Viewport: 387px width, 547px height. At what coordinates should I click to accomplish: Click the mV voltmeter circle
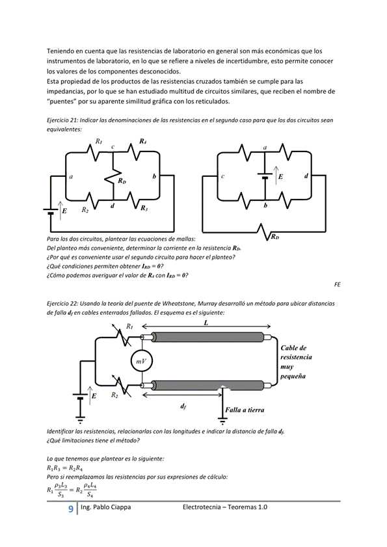point(142,362)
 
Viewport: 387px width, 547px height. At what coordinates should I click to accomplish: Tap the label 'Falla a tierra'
point(245,410)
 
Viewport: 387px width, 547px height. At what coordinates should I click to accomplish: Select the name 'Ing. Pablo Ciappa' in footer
point(106,507)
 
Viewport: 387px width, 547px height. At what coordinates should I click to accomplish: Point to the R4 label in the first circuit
point(142,141)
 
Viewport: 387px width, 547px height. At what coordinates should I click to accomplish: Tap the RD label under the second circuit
point(275,237)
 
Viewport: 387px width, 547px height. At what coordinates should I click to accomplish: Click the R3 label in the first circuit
point(144,208)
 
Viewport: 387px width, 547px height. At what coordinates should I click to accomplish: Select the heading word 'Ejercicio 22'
point(62,304)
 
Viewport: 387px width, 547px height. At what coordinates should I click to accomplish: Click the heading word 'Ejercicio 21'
point(62,120)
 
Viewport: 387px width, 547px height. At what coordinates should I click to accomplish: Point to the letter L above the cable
point(206,323)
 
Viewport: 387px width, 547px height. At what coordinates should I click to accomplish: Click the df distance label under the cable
point(183,407)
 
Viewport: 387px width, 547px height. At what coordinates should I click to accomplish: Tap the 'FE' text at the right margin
point(337,284)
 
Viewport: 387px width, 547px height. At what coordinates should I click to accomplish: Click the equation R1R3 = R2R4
point(64,468)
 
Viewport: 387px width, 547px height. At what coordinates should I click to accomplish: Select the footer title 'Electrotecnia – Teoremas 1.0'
point(225,507)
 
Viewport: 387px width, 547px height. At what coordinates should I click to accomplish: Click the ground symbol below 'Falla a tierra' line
point(222,420)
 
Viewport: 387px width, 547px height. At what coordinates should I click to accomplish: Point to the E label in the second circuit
point(280,176)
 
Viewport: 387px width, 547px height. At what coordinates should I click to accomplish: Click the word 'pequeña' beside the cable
point(293,376)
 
